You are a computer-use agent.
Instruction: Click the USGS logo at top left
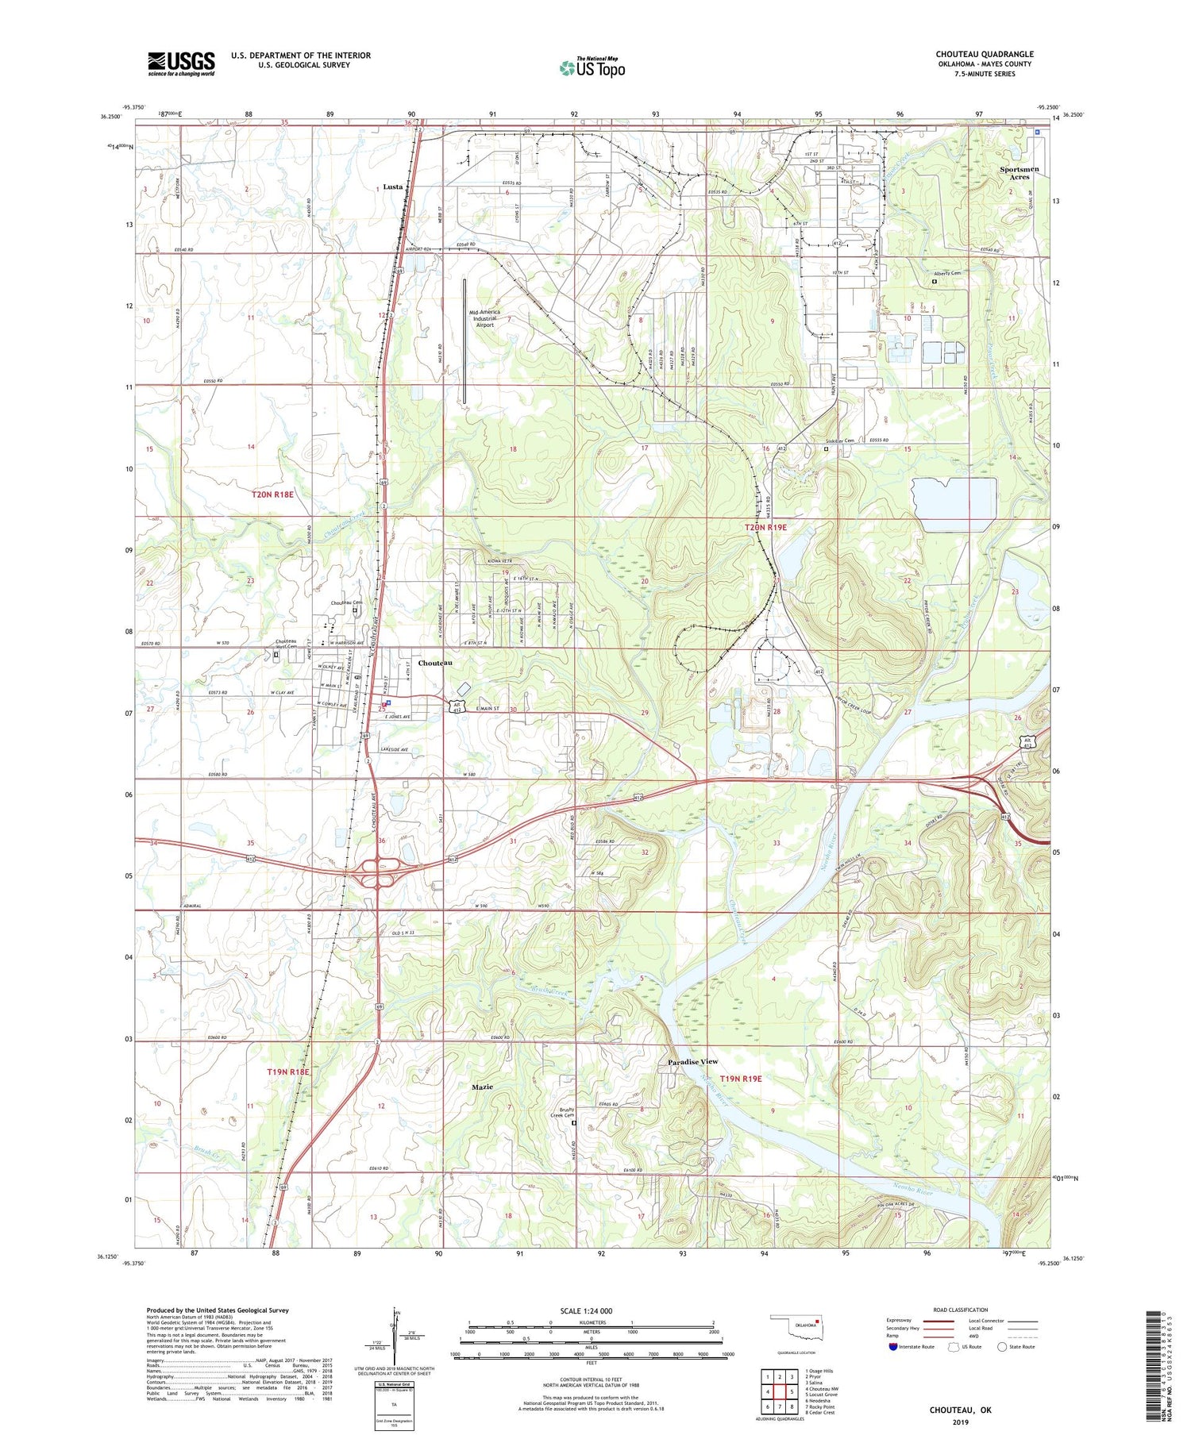181,63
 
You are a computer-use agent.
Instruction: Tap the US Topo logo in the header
592,68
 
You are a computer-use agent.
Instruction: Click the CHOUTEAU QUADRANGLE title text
984,54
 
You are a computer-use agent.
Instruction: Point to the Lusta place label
393,187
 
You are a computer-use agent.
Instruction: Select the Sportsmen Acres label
1019,173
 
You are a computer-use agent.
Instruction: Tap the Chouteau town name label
436,662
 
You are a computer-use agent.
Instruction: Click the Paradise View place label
692,1061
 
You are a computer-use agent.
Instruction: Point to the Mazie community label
483,1087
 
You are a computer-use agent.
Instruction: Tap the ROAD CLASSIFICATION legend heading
962,1310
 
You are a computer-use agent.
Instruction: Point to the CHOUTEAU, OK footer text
961,1410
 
